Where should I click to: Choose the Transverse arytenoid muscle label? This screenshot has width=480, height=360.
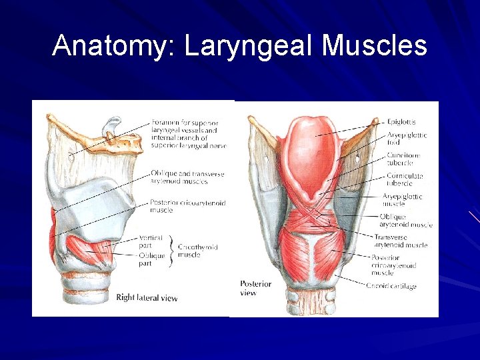coord(400,241)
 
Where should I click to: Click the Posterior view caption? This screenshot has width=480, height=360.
coord(255,288)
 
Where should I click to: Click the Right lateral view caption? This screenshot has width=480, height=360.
coord(147,297)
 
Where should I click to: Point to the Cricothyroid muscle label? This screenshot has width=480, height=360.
coord(198,251)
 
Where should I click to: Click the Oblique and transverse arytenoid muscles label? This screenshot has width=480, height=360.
coord(187,177)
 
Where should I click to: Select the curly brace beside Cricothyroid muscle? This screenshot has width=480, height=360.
coord(173,249)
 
